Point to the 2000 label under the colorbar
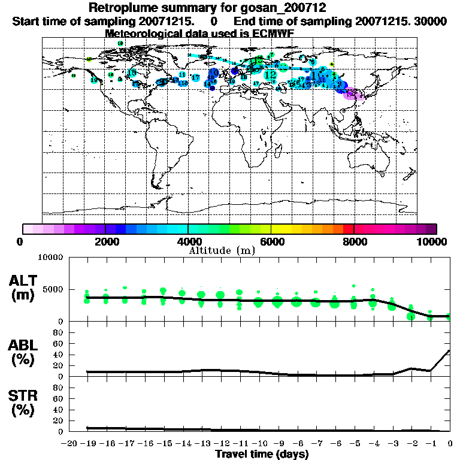[x=106, y=241]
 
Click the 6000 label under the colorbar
[x=271, y=241]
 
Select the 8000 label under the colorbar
[x=354, y=241]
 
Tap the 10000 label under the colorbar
[x=434, y=241]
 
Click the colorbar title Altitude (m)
[x=222, y=250]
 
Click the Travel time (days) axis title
[x=262, y=454]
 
